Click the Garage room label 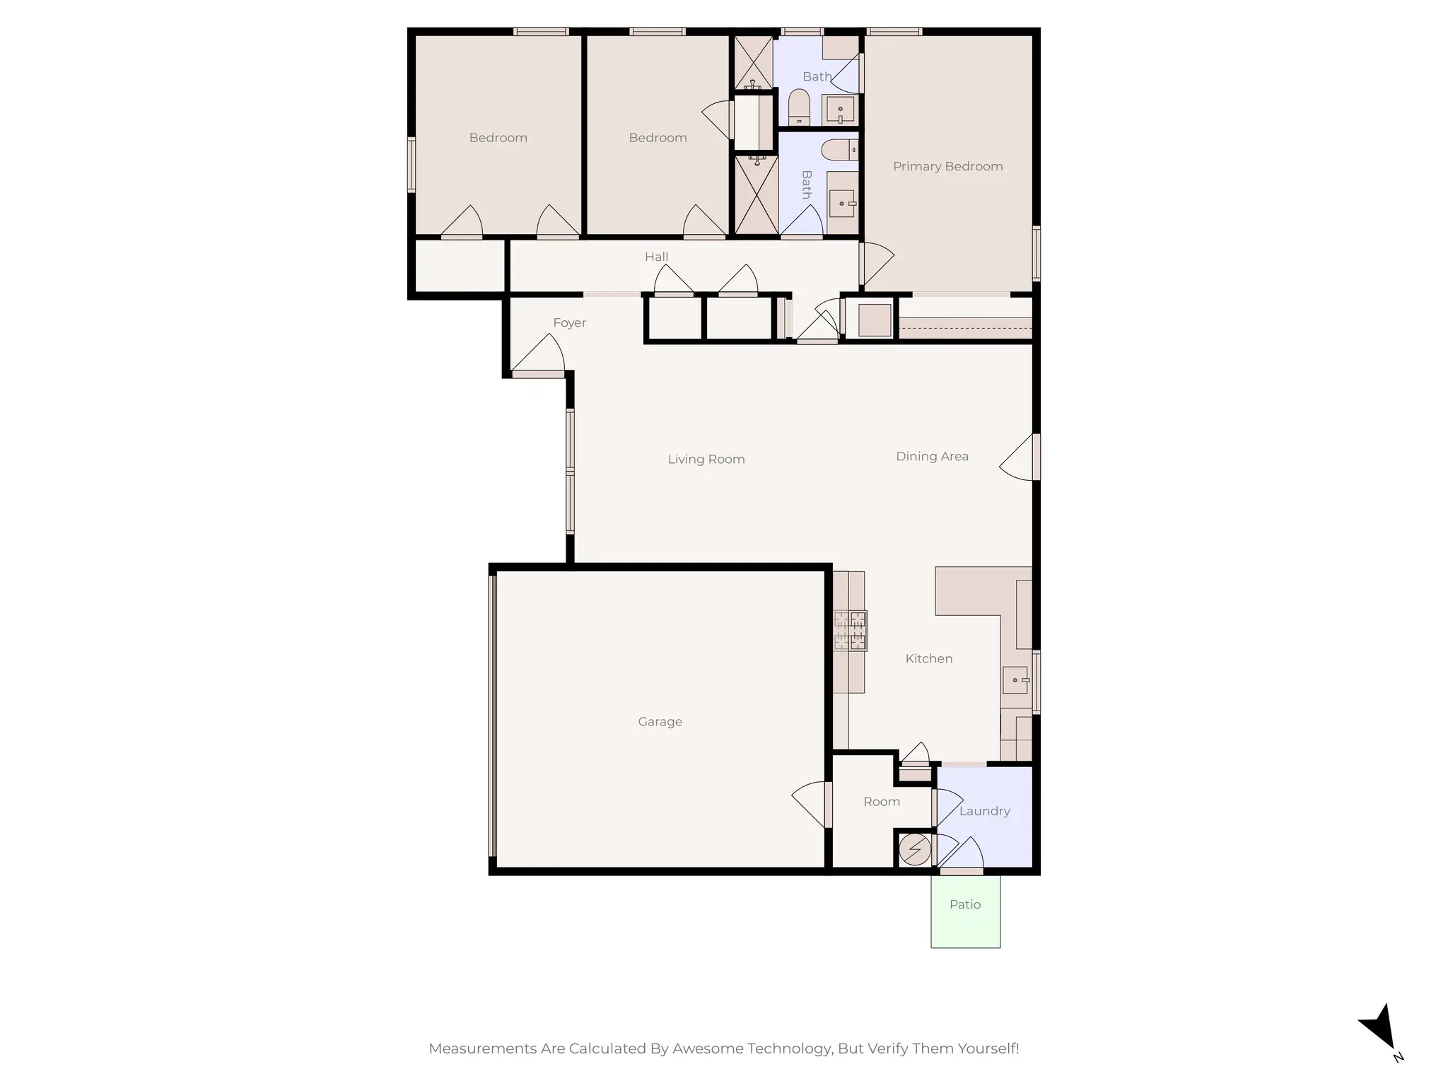click(660, 722)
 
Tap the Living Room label click(706, 460)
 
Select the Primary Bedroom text click(947, 167)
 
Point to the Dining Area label click(932, 457)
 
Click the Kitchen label click(928, 659)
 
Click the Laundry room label click(984, 812)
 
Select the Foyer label click(569, 323)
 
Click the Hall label click(656, 257)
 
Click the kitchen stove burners click(850, 631)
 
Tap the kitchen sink click(1016, 680)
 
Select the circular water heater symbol click(914, 850)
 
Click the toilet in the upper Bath click(799, 107)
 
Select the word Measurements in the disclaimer click(482, 1049)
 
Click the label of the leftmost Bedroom click(498, 138)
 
